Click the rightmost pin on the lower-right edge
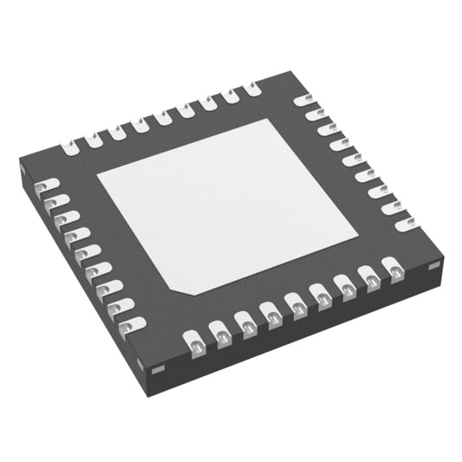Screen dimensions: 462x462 click(396, 271)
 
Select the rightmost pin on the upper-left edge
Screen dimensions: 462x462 click(251, 88)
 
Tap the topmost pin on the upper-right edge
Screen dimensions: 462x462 click(305, 101)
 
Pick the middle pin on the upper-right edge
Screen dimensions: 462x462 click(354, 160)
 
